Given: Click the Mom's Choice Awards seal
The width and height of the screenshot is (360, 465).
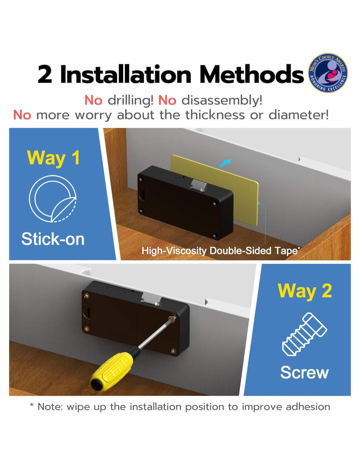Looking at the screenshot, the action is [x=328, y=73].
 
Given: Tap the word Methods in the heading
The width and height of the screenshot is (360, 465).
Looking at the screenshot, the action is [x=252, y=74].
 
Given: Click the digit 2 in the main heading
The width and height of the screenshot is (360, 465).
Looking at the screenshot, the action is [x=45, y=75].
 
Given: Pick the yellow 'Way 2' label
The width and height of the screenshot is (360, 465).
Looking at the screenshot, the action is [x=305, y=291].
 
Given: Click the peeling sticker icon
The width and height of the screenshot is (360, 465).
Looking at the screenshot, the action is [x=53, y=198].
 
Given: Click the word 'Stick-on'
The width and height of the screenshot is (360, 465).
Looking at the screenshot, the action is [x=53, y=239].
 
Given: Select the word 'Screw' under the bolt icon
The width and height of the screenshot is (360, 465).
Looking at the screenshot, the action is [x=304, y=372].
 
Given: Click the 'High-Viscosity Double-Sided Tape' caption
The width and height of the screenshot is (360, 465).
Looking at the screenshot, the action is [x=220, y=251].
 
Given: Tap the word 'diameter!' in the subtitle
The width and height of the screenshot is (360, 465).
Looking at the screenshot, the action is [x=298, y=115].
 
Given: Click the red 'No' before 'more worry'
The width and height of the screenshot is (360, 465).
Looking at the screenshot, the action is [x=22, y=115].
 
